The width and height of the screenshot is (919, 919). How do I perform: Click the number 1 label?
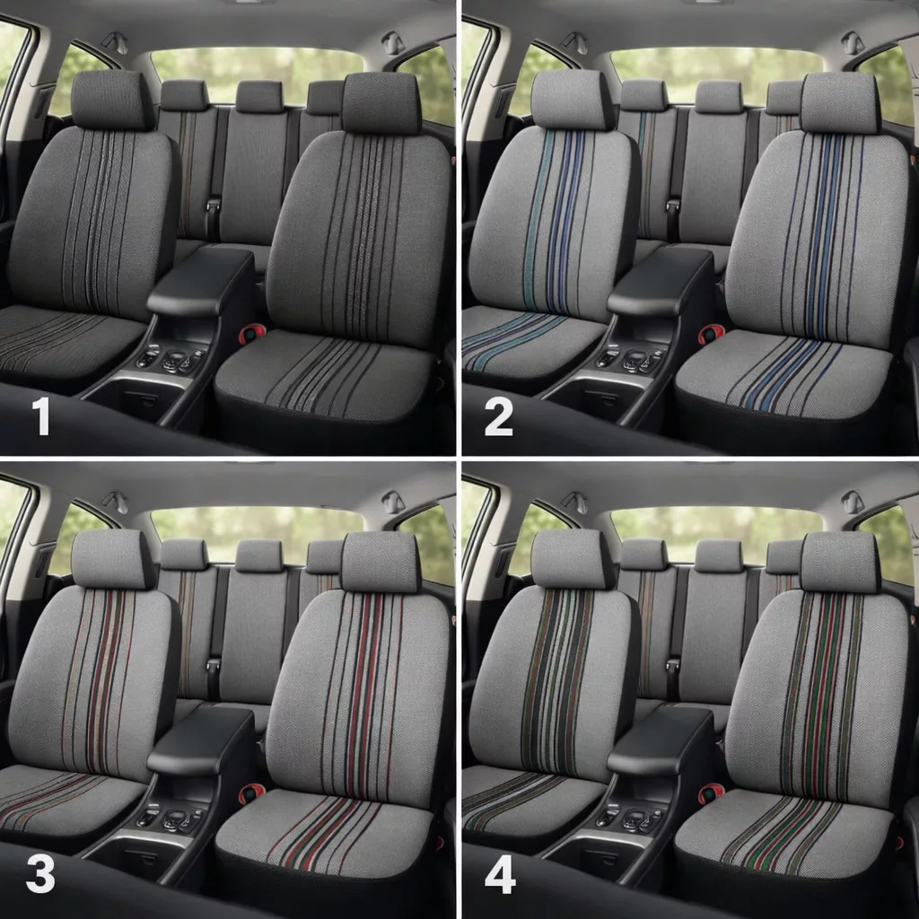coord(41,416)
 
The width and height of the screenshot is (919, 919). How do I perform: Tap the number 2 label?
coord(499,416)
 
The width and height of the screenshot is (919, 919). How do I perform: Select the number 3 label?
coord(40,875)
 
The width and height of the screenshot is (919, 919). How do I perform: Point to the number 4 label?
coord(500,875)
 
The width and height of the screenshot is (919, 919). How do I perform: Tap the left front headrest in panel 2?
coord(572,100)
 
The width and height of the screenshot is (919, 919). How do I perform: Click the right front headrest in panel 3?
coord(381,563)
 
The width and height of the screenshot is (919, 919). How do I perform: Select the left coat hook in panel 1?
coord(115,42)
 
